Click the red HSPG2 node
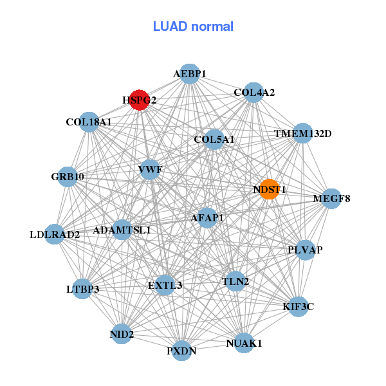pyautogui.click(x=140, y=100)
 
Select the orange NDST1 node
pyautogui.click(x=269, y=189)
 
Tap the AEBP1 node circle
pyautogui.click(x=189, y=74)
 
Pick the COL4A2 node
pyautogui.click(x=254, y=93)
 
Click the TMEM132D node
pyautogui.click(x=302, y=134)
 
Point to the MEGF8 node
pyautogui.click(x=324, y=198)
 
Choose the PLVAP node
pyautogui.click(x=305, y=250)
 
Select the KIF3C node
pyautogui.click(x=298, y=306)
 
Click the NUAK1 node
pyautogui.click(x=244, y=343)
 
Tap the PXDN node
pyautogui.click(x=182, y=351)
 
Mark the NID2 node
pyautogui.click(x=122, y=334)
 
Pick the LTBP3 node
pyautogui.click(x=83, y=289)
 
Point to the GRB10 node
pyautogui.click(x=68, y=176)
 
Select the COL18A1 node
pyautogui.click(x=89, y=122)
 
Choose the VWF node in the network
pyautogui.click(x=150, y=170)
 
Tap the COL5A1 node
pyautogui.click(x=214, y=139)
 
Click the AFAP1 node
pyautogui.click(x=207, y=218)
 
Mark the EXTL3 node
pyautogui.click(x=165, y=285)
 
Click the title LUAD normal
pyautogui.click(x=193, y=27)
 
